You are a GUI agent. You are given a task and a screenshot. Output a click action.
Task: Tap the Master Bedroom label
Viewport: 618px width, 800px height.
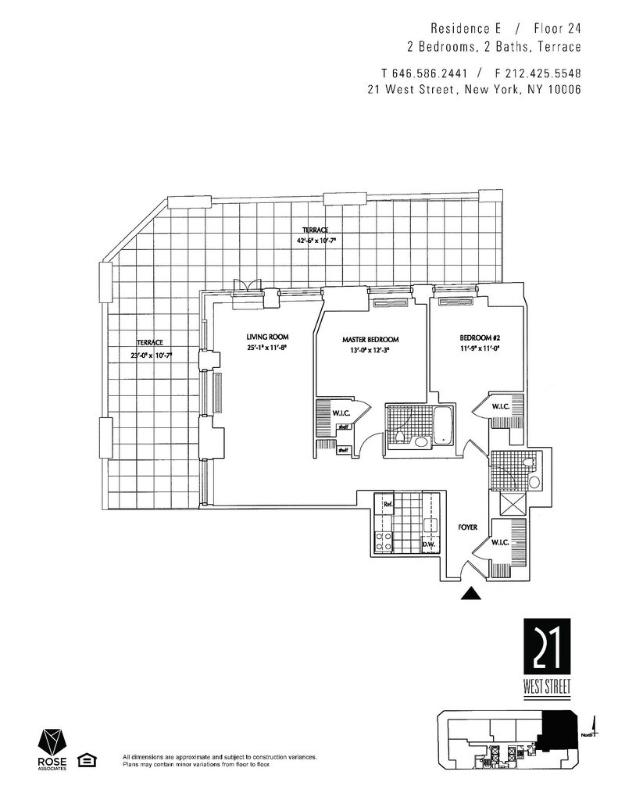click(x=370, y=340)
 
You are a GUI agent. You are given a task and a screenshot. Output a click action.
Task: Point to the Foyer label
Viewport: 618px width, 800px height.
click(x=467, y=528)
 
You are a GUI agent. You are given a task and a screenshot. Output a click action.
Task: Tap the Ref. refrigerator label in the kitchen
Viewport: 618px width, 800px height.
click(x=387, y=505)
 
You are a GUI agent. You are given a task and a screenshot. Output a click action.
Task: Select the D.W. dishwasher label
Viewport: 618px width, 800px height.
click(x=428, y=545)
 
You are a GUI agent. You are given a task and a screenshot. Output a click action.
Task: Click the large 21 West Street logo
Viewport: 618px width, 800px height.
click(x=547, y=657)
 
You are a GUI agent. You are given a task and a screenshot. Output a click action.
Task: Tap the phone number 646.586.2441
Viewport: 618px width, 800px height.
click(x=430, y=73)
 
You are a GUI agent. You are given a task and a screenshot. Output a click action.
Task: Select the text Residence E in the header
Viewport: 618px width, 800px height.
click(x=460, y=29)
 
